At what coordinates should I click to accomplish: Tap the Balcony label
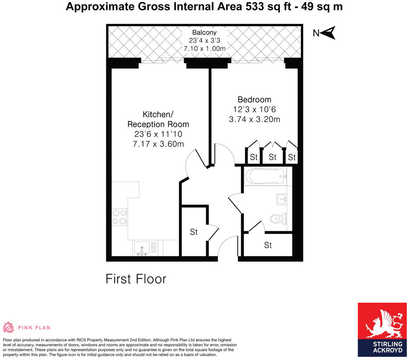pyautogui.click(x=204, y=33)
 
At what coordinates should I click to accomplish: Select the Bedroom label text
pyautogui.click(x=254, y=99)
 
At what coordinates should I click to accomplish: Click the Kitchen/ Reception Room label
pyautogui.click(x=158, y=119)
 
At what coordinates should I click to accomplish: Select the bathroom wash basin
pyautogui.click(x=282, y=199)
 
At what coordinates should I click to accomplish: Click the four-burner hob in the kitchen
pyautogui.click(x=119, y=217)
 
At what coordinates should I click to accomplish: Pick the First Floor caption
pyautogui.click(x=136, y=279)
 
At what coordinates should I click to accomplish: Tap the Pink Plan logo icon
pyautogui.click(x=8, y=327)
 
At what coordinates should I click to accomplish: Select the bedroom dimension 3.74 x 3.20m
pyautogui.click(x=254, y=120)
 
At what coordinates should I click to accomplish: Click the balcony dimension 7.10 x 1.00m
pyautogui.click(x=204, y=49)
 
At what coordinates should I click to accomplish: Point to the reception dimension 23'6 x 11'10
pyautogui.click(x=158, y=134)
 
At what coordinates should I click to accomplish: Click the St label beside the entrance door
pyautogui.click(x=194, y=232)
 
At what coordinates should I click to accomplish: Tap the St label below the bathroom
pyautogui.click(x=268, y=245)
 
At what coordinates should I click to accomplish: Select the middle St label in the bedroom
pyautogui.click(x=272, y=157)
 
